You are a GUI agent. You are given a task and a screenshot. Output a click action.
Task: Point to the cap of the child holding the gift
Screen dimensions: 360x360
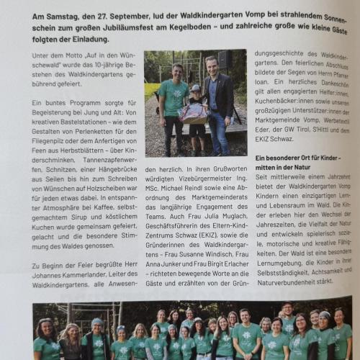point(194,89)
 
